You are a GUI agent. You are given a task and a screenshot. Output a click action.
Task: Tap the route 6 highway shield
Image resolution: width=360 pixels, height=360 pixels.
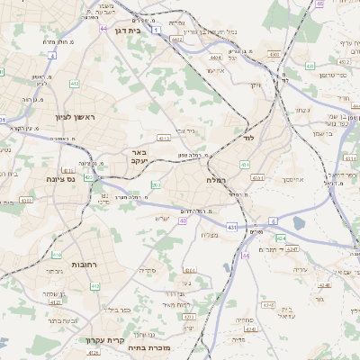[x=273, y=220]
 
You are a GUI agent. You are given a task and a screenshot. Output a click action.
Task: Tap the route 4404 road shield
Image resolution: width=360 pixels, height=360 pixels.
[x=216, y=57]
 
